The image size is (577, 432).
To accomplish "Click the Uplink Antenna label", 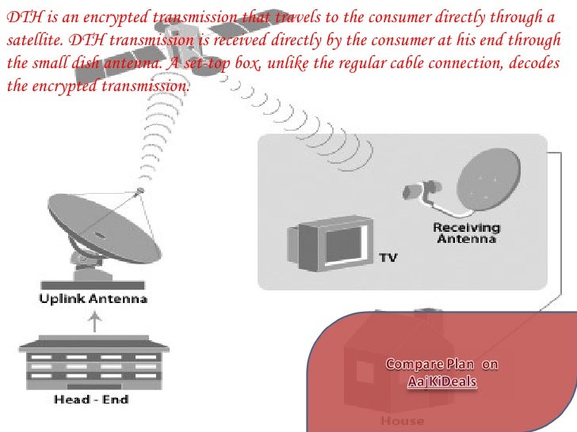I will [94, 299].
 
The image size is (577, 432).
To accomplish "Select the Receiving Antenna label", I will [464, 233].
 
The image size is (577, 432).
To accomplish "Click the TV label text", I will [388, 257].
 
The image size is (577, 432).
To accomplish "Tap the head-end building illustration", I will [94, 362].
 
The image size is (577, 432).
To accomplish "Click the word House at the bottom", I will [402, 420].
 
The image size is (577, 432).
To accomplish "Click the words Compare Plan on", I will [441, 365].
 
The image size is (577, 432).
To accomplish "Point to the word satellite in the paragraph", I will [30, 40].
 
